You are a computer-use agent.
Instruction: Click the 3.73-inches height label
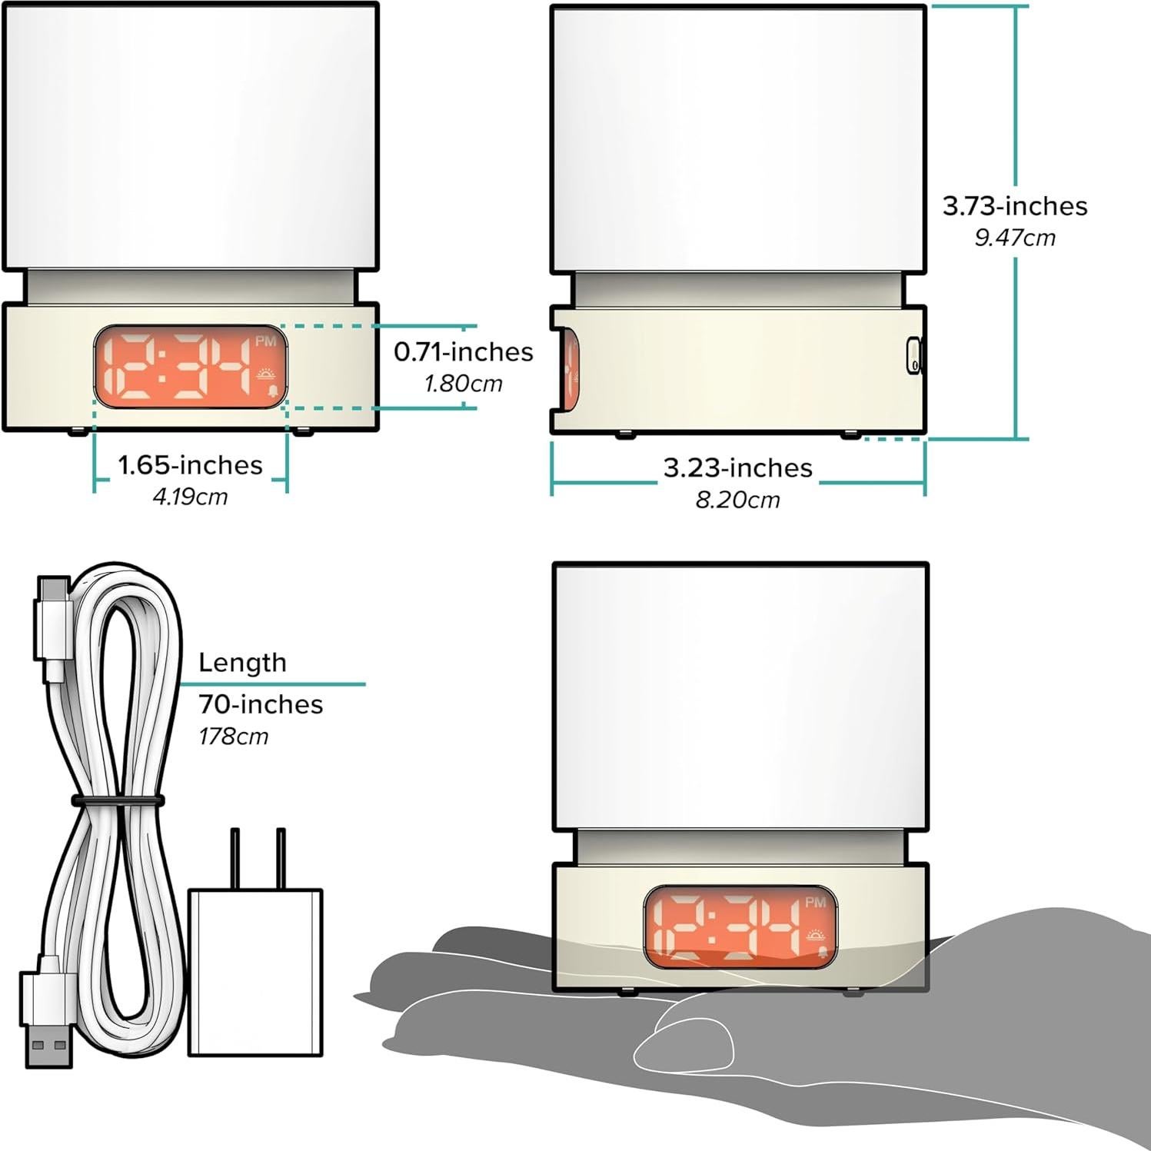[1015, 206]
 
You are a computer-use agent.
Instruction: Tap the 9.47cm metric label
[1015, 238]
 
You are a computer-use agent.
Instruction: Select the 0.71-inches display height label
[464, 351]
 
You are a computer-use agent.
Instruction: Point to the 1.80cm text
[464, 383]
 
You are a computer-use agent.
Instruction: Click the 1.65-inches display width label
[190, 464]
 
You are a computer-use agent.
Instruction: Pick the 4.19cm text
[190, 497]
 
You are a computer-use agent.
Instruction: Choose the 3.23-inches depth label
[738, 467]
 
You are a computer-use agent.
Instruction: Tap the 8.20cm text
[738, 500]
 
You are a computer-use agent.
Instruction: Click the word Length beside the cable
[242, 663]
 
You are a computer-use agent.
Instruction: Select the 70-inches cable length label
[261, 704]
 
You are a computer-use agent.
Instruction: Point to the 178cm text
[234, 737]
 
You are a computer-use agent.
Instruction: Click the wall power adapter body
[255, 973]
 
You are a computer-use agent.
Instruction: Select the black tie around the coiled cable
[118, 801]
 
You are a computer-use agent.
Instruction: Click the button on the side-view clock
[913, 356]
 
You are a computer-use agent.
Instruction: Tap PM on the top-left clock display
[265, 341]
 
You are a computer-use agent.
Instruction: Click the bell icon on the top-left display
[272, 392]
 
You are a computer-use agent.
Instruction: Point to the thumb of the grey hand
[684, 1042]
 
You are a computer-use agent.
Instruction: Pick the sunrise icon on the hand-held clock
[816, 936]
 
